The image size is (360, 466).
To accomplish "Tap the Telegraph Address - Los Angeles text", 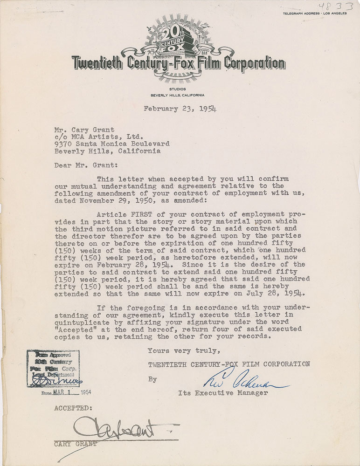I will (x=315, y=13).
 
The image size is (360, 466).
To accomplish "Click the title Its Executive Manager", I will (x=223, y=393).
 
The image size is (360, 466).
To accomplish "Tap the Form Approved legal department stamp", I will (x=52, y=368).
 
